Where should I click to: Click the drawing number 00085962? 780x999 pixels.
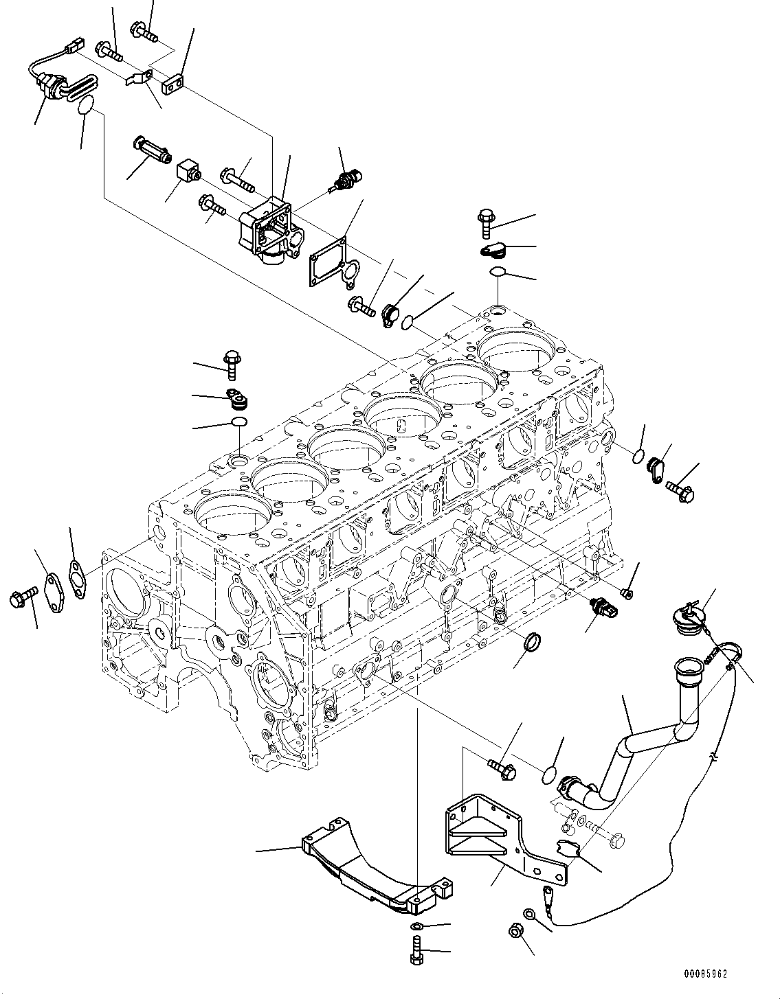705,974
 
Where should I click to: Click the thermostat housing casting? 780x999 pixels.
268,230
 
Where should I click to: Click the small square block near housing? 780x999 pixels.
187,170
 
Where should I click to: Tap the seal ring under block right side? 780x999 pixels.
533,644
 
